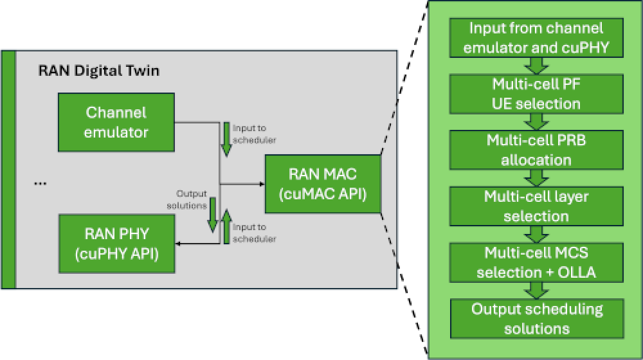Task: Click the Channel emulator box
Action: click(x=116, y=122)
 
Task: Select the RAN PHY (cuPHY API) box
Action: click(x=116, y=243)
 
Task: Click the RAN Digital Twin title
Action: click(x=99, y=71)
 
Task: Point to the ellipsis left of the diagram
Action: click(x=40, y=183)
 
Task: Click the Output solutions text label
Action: click(x=191, y=199)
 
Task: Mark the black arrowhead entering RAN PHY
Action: click(x=181, y=244)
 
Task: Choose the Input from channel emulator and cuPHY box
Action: click(x=536, y=37)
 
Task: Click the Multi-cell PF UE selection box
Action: click(x=536, y=94)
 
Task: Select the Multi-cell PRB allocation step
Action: click(x=536, y=150)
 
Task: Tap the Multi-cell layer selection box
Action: click(x=536, y=206)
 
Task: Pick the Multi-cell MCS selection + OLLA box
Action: click(x=536, y=262)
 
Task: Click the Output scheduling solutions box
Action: click(x=537, y=318)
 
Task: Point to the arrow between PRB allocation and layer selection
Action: click(x=536, y=178)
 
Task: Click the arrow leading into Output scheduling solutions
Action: click(x=536, y=290)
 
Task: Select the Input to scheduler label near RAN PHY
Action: click(x=254, y=233)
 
